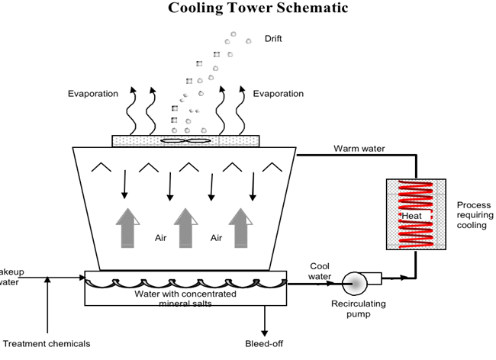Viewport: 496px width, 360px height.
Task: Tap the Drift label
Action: point(273,38)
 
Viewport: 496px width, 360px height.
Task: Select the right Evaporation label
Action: point(279,94)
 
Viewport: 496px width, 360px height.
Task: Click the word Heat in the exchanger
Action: point(412,217)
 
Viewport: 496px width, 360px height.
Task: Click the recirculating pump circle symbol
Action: point(355,283)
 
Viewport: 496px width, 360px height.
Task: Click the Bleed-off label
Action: point(266,344)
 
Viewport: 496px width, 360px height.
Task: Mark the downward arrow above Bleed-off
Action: point(266,320)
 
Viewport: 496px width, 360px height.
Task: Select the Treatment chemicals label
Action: point(47,344)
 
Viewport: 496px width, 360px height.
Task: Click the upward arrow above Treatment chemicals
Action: point(47,305)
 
